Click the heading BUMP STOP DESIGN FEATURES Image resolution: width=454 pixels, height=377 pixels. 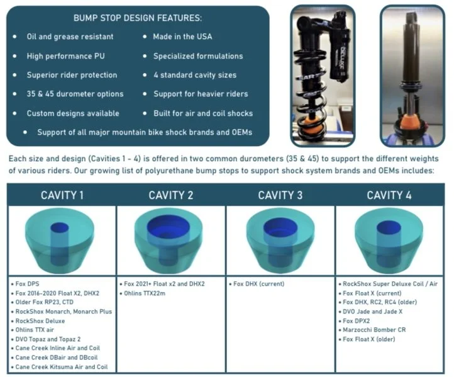click(x=138, y=18)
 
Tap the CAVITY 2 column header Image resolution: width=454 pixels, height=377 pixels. click(x=170, y=194)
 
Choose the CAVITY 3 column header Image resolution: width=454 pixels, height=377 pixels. click(x=280, y=194)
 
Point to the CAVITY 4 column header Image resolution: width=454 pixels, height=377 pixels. click(x=389, y=194)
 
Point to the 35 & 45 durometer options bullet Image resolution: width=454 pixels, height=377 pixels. click(x=75, y=94)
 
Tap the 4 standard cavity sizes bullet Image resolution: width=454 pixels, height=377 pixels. click(x=194, y=75)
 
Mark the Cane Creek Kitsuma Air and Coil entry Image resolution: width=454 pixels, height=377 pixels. click(x=62, y=366)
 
